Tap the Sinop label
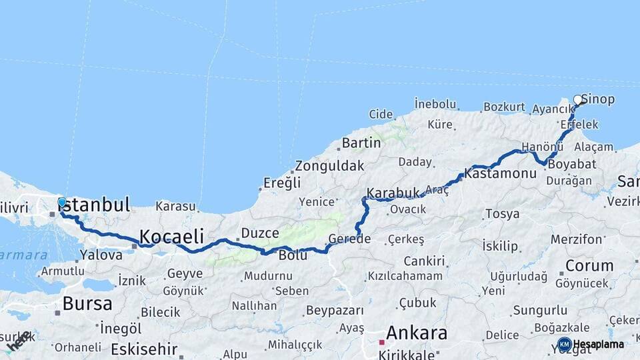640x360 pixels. pos(599,99)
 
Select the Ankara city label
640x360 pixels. pos(417,332)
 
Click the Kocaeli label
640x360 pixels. pos(171,235)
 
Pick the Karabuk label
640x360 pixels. pos(393,192)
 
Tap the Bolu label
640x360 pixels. pos(293,255)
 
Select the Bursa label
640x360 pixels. pos(87,304)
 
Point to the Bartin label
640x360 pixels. pos(361,143)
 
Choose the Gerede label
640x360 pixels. pos(349,239)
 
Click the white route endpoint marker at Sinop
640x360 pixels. pos(578,100)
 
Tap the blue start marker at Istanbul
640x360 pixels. pos(62,201)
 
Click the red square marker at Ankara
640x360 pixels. pos(381,342)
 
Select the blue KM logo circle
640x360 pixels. pos(564,344)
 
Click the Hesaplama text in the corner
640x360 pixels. pos(599,344)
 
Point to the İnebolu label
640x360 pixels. pos(435,104)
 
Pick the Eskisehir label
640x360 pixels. pos(144,349)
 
